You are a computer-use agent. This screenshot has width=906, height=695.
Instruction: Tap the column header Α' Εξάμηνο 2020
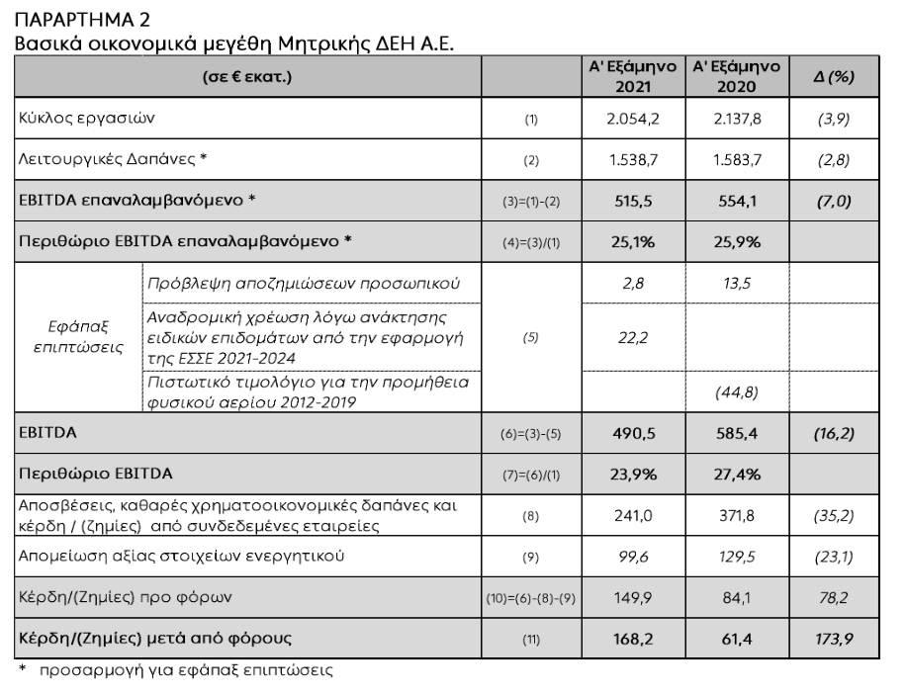pos(736,77)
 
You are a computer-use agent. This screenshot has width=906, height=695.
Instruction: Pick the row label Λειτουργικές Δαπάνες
pos(117,158)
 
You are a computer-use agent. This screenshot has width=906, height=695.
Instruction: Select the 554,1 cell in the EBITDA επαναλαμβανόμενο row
pos(736,199)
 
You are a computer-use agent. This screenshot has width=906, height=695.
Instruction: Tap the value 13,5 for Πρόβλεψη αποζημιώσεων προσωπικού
pos(736,283)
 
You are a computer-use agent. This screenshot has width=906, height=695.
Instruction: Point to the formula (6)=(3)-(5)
pos(531,433)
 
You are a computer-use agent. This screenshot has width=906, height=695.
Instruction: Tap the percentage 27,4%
pos(736,474)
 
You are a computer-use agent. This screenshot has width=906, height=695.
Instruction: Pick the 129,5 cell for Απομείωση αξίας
pos(736,557)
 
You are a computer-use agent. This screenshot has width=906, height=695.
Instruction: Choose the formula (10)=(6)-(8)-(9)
pos(531,598)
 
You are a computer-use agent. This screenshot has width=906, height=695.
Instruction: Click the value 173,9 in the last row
pos(827,639)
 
